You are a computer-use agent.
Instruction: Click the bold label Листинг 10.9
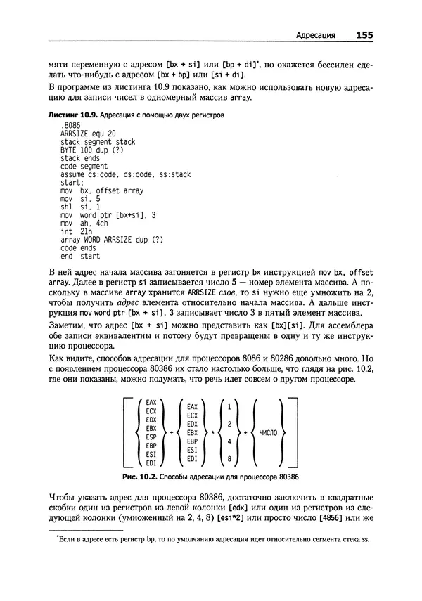click(71, 114)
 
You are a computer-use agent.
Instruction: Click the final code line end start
click(80, 256)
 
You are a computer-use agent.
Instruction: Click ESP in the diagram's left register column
click(150, 437)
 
